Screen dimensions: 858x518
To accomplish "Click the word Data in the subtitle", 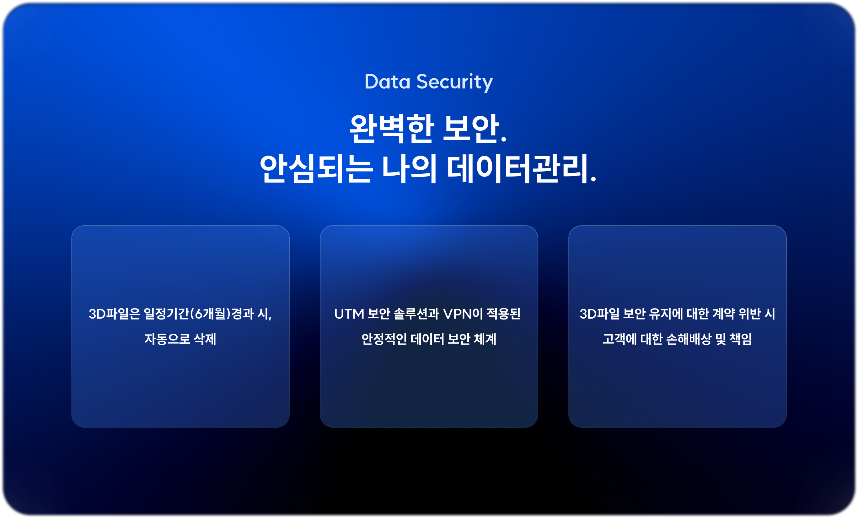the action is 387,82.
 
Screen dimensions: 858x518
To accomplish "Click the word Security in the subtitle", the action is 455,83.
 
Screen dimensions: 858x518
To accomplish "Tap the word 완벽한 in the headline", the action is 392,129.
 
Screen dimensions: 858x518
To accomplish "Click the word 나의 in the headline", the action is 409,168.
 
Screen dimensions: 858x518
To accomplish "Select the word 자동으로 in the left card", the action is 168,339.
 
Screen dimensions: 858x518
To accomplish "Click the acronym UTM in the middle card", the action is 349,314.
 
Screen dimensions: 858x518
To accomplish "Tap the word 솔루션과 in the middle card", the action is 416,314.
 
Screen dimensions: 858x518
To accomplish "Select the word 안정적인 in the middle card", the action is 384,339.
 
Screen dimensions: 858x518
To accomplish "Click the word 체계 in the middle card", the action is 485,339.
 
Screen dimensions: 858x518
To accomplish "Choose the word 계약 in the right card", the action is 724,314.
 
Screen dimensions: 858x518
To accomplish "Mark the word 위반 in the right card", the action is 749,314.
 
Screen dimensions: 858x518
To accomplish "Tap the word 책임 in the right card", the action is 741,339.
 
